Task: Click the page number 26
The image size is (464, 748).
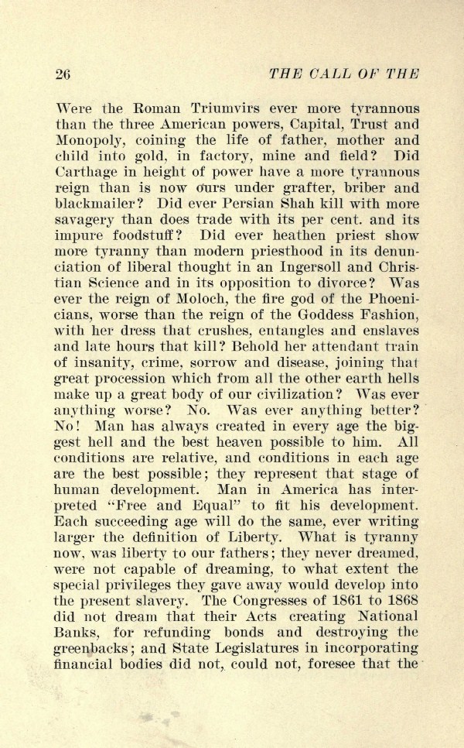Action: point(63,74)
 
